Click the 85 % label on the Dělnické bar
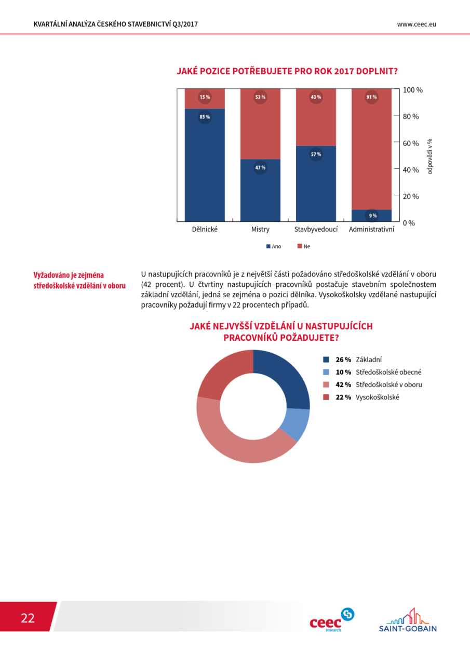pos(205,117)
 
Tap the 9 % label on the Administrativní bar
pos(373,216)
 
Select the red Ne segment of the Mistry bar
pos(260,124)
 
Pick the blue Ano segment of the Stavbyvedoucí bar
pos(316,183)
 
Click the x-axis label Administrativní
pos(371,229)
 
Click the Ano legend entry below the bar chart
pos(274,246)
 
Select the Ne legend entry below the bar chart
pos(304,246)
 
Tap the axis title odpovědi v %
pos(429,156)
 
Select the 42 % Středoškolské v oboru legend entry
pos(372,385)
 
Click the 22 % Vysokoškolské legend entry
pos(361,397)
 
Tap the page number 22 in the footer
pos(28,618)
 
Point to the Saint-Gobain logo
pos(408,620)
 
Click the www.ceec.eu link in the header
pos(417,24)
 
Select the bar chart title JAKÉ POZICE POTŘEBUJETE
pos(287,71)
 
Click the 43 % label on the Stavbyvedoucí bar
pos(316,97)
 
